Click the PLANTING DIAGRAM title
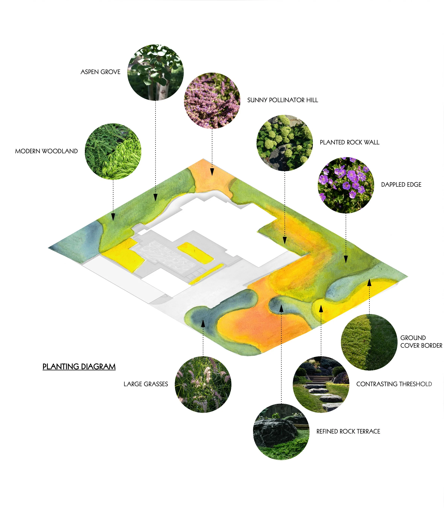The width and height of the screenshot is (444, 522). click(79, 367)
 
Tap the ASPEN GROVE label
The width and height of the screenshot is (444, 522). click(100, 72)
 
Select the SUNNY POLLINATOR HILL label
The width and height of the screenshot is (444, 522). click(282, 100)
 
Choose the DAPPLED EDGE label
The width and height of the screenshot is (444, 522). click(401, 184)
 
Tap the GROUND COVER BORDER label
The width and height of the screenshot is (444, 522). click(421, 341)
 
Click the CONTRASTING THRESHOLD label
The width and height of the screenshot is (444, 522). click(394, 384)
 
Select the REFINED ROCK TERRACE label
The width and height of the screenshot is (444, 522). click(348, 431)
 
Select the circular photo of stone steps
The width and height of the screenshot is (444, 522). click(321, 384)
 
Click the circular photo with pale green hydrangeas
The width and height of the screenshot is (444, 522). click(284, 143)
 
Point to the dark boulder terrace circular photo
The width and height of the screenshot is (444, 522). click(281, 431)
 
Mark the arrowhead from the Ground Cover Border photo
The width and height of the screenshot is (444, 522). click(369, 283)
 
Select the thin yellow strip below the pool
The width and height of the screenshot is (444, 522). click(206, 274)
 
